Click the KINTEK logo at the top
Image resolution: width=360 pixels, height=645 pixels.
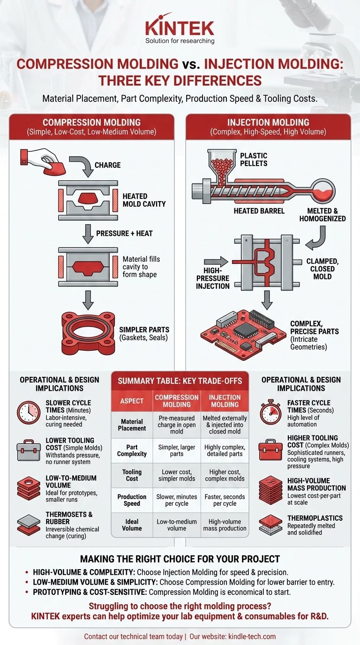[x=180, y=28]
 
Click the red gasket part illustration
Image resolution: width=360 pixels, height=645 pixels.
[x=89, y=333]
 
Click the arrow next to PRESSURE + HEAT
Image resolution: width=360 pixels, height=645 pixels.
[x=88, y=234]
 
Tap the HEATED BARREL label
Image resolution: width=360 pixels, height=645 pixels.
[x=259, y=211]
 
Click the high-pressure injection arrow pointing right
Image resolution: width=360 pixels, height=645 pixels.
[x=216, y=262]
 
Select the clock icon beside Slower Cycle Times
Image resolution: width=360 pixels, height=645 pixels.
[x=29, y=412]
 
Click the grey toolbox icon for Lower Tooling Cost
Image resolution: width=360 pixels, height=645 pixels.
[x=29, y=450]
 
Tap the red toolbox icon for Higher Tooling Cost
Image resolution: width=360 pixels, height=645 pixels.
[x=270, y=450]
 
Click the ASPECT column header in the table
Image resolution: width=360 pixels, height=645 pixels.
[x=132, y=401]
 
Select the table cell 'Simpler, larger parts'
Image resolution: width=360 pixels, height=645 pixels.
[x=177, y=450]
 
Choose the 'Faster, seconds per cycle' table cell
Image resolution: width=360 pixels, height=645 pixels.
[x=225, y=500]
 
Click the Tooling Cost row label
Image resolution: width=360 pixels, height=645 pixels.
[x=132, y=475]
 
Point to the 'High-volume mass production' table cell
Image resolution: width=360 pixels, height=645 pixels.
[x=225, y=525]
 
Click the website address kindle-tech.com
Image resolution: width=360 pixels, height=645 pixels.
[x=252, y=636]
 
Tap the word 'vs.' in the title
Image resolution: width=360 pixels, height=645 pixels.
[x=191, y=64]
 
